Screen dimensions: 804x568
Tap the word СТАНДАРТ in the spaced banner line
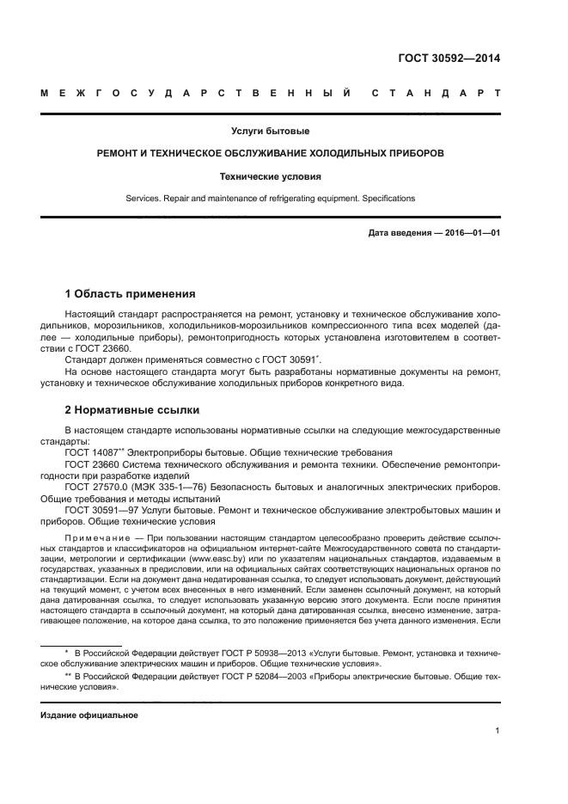click(x=437, y=93)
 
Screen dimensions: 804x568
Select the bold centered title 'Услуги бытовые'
click(x=270, y=132)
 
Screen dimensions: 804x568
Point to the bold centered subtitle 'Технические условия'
click(x=270, y=176)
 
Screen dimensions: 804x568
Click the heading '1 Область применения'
click(x=130, y=293)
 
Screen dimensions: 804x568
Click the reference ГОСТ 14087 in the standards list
click(x=93, y=451)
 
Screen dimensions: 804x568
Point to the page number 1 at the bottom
click(x=498, y=732)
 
